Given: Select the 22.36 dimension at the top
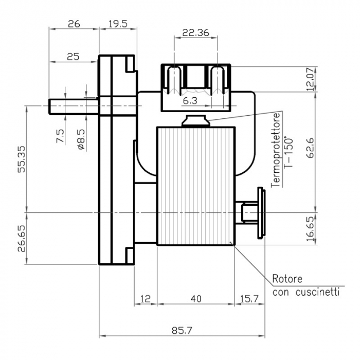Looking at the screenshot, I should [x=195, y=33].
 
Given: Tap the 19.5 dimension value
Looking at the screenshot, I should [x=118, y=24].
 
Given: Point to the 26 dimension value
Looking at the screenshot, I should [x=74, y=24].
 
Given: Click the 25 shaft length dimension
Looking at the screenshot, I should [x=73, y=57].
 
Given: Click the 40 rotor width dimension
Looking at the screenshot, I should [x=195, y=298].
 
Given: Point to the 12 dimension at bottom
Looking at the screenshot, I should [x=145, y=298].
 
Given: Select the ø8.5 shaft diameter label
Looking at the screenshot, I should [x=81, y=138].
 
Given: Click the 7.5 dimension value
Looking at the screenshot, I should [x=61, y=136].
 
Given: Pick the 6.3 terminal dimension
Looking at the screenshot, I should [x=190, y=101].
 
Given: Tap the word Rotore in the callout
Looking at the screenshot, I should [x=287, y=279].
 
